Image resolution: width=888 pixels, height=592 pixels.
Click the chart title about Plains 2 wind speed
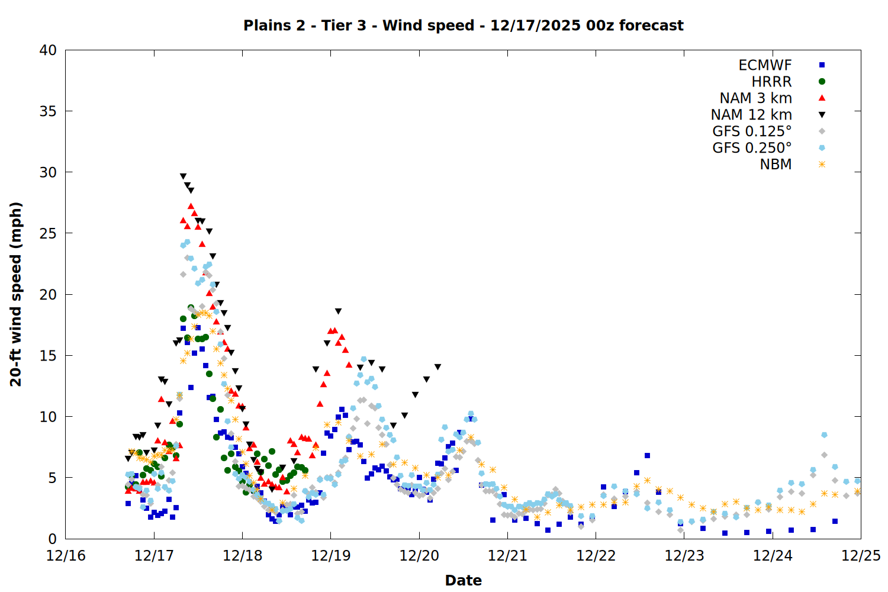tap(464, 25)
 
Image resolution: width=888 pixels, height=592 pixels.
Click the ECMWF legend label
tap(765, 65)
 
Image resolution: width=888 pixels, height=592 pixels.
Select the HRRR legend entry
tap(771, 82)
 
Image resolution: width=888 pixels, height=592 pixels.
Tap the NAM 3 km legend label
tap(755, 98)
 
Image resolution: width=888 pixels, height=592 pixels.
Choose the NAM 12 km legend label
tap(751, 115)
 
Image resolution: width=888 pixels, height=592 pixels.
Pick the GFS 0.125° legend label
tap(752, 131)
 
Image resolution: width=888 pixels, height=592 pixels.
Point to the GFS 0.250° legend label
tap(752, 148)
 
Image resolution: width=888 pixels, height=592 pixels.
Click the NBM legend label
tap(776, 165)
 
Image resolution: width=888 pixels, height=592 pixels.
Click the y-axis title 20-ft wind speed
tap(16, 294)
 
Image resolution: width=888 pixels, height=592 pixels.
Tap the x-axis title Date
tap(463, 580)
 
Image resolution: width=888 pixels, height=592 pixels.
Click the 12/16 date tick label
tap(66, 556)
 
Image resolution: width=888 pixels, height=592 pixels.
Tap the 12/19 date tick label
tap(330, 556)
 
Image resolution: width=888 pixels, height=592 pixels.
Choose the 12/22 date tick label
tap(596, 556)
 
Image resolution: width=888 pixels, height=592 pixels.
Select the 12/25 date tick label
tap(860, 556)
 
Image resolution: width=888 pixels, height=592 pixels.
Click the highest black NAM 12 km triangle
tap(183, 176)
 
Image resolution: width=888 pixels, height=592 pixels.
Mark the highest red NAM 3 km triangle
tap(191, 206)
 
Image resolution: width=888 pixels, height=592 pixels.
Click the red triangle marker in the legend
tap(822, 98)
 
